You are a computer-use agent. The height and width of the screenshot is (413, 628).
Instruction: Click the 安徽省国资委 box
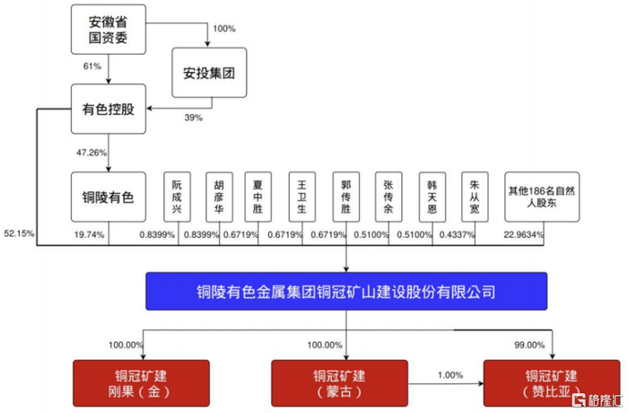(x=109, y=29)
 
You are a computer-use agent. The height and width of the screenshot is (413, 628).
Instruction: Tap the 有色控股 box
(x=109, y=111)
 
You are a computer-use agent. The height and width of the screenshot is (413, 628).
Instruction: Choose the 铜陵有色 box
(x=109, y=196)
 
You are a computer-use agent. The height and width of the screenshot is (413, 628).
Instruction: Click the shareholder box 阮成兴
(x=177, y=196)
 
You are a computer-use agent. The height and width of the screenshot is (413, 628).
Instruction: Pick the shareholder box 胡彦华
(x=220, y=196)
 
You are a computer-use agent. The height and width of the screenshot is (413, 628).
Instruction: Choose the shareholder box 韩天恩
(x=432, y=196)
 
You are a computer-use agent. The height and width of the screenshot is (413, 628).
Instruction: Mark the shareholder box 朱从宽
(x=475, y=196)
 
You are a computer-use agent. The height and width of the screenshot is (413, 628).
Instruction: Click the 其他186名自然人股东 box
(x=542, y=196)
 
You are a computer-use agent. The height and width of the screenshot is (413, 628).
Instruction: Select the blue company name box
(x=345, y=293)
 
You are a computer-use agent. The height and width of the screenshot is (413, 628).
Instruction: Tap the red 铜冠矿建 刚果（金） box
(x=141, y=383)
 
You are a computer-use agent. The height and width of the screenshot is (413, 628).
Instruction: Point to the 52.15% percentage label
(x=19, y=234)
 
